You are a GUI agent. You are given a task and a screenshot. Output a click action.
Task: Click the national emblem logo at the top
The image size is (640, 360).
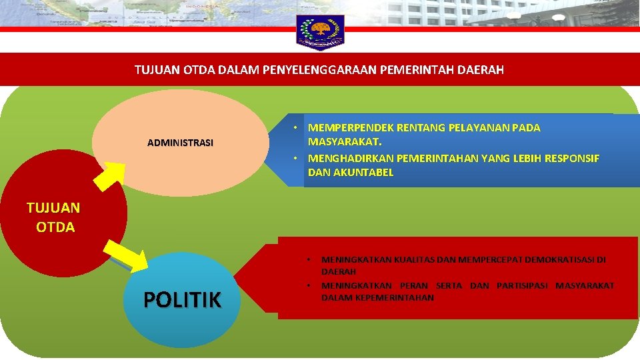320,31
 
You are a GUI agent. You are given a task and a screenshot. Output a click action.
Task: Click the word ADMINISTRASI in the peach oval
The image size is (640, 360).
180,143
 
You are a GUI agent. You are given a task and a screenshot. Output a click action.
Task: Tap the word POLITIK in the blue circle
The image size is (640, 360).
182,301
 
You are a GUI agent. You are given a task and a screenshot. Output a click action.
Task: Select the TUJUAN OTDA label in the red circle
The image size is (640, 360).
53,217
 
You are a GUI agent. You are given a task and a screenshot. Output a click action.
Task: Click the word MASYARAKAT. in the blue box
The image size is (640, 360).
345,142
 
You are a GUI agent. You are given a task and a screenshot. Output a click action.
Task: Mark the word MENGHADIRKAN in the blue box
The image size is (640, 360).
350,158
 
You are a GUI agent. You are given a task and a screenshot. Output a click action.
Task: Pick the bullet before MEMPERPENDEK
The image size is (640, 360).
294,127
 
